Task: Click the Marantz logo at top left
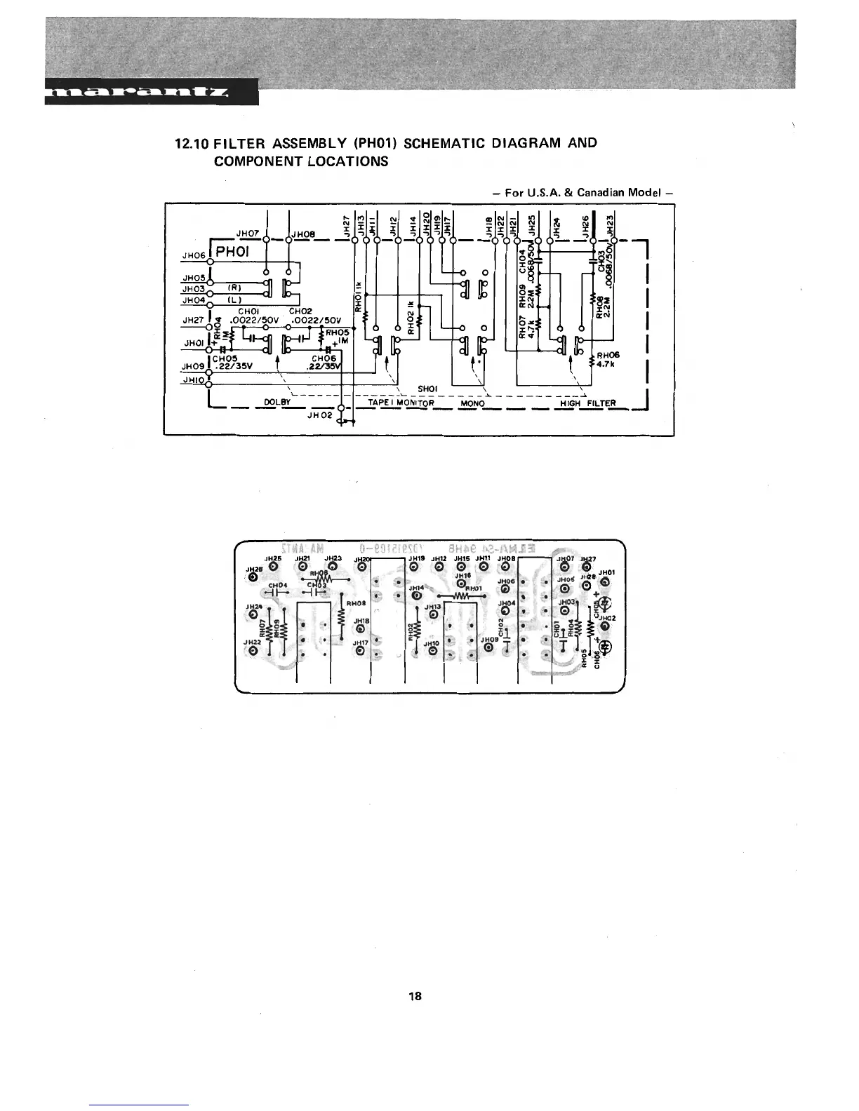pos(150,93)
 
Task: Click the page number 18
pos(415,996)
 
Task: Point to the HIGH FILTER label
pos(588,403)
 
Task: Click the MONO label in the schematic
pos(472,403)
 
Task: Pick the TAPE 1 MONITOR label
pos(401,403)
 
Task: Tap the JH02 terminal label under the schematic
pos(319,415)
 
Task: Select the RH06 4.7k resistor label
pos(608,359)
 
